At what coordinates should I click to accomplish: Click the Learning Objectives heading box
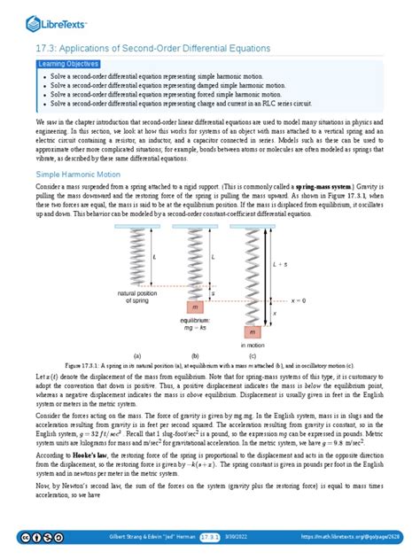(68, 65)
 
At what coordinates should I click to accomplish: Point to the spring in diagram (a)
(160, 257)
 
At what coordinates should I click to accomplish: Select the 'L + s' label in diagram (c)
(278, 264)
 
